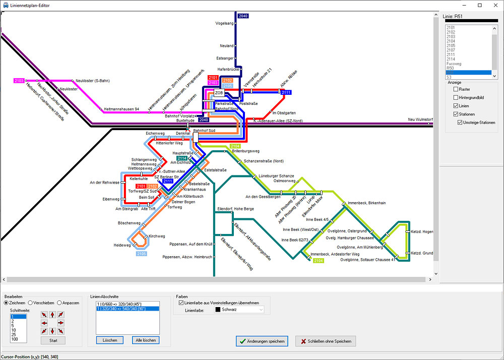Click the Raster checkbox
click(x=456, y=89)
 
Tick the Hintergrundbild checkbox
click(x=456, y=97)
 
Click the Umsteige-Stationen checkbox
click(x=460, y=123)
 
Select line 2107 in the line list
click(x=451, y=50)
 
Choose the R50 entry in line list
click(x=450, y=68)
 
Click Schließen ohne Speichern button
click(x=326, y=341)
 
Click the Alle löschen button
click(x=146, y=340)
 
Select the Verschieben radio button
click(x=31, y=303)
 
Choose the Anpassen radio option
click(x=59, y=303)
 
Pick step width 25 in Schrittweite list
click(x=15, y=335)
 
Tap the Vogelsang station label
click(x=224, y=23)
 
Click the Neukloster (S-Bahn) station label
click(x=93, y=81)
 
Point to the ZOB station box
click(x=219, y=93)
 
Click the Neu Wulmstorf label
click(x=420, y=119)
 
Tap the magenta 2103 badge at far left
click(x=19, y=81)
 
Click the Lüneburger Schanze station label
click(x=276, y=175)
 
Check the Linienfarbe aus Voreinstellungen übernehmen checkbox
click(x=181, y=303)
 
